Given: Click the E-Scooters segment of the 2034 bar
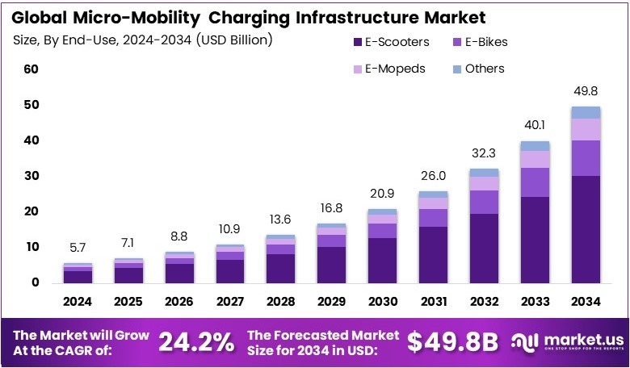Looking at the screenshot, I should (586, 229).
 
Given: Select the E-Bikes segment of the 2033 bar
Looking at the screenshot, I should (535, 182).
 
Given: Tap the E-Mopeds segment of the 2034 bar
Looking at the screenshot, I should (586, 129).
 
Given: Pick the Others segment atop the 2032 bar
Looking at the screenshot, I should (484, 172).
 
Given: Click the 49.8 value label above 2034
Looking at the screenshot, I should (586, 90).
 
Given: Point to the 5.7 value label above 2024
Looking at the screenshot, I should (78, 248).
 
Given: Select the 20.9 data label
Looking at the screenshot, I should (383, 194).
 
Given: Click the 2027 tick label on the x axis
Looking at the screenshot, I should (230, 301).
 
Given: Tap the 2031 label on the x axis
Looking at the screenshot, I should (434, 301).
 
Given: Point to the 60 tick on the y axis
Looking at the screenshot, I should (31, 69).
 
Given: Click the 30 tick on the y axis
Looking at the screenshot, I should (31, 176).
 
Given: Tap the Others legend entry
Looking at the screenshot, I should (484, 69).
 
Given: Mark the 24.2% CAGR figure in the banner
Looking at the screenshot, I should (196, 342).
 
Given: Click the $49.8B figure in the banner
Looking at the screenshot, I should (452, 342).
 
